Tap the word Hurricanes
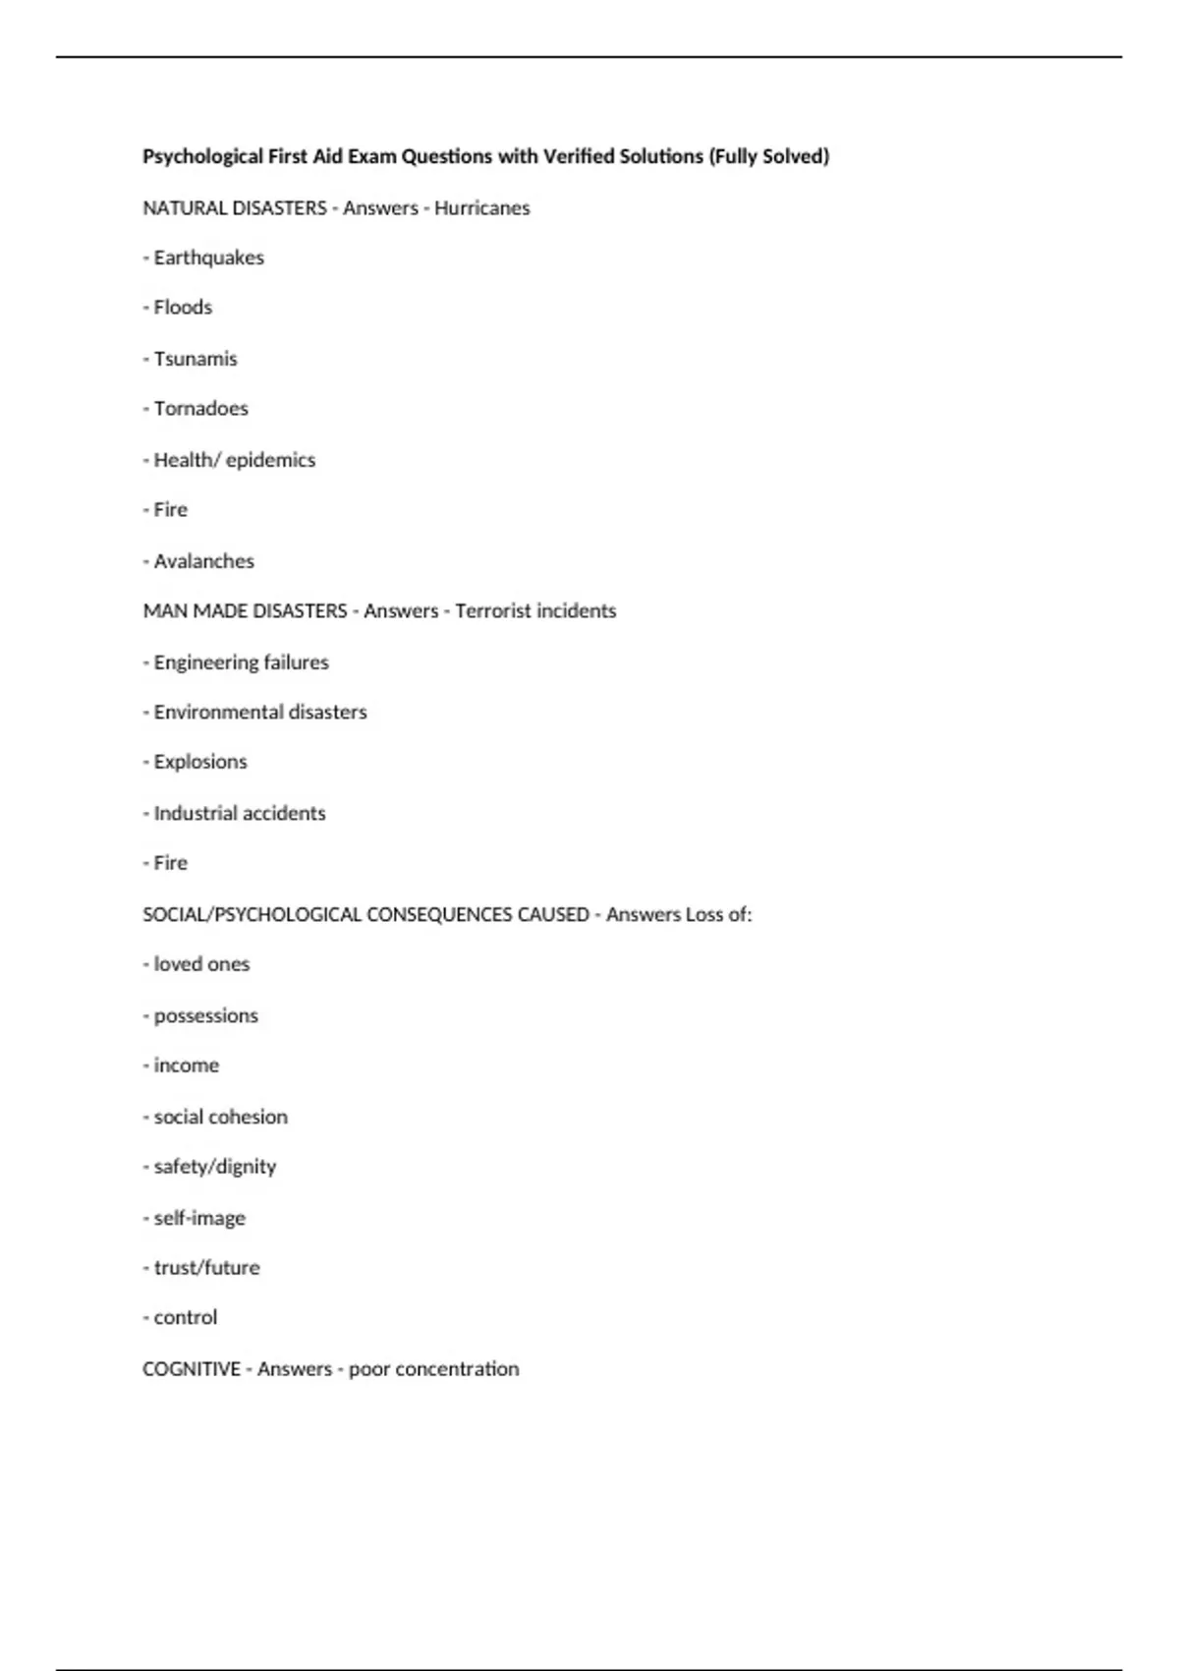pyautogui.click(x=481, y=208)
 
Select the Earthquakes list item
pyautogui.click(x=208, y=258)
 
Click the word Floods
pyautogui.click(x=183, y=308)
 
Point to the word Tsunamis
pyautogui.click(x=196, y=359)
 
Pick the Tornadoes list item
pyautogui.click(x=200, y=409)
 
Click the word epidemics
pyautogui.click(x=270, y=460)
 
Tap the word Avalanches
pyautogui.click(x=203, y=561)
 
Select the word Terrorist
pyautogui.click(x=491, y=611)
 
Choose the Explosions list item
pyautogui.click(x=200, y=762)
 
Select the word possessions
pyautogui.click(x=205, y=1015)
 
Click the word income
pyautogui.click(x=186, y=1066)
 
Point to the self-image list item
pyautogui.click(x=199, y=1218)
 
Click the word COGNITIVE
pyautogui.click(x=192, y=1369)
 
